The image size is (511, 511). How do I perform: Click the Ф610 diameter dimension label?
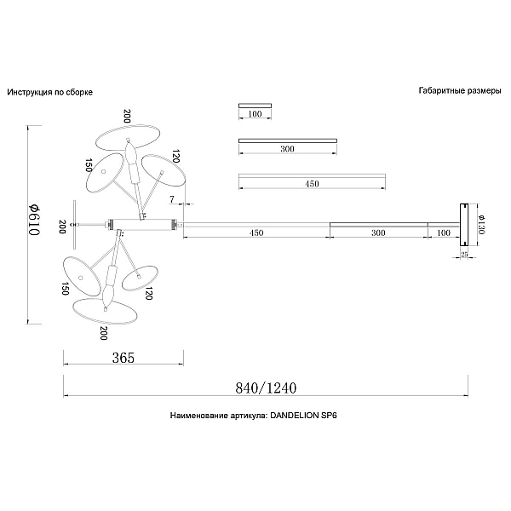tap(34, 220)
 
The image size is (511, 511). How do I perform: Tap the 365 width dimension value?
tap(123, 358)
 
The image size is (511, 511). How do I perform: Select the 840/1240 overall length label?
tap(266, 388)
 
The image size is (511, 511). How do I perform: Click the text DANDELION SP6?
tap(304, 416)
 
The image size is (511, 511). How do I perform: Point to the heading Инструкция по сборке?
tap(50, 92)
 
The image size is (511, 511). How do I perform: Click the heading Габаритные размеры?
tap(460, 90)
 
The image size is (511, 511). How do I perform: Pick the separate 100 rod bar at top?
tap(255, 106)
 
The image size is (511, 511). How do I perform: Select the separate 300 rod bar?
tap(288, 141)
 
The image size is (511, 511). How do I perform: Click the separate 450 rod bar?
tap(313, 175)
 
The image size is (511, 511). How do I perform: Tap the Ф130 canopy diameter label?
tap(482, 225)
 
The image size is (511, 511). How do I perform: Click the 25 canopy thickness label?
tap(464, 254)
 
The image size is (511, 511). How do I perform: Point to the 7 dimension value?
tap(172, 199)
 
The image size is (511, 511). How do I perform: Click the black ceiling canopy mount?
tap(464, 225)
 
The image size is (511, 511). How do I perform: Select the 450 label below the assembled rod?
tap(256, 233)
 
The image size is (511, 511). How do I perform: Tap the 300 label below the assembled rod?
tap(378, 233)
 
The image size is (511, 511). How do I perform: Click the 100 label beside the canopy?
tap(444, 233)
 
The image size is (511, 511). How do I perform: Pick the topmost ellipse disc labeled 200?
tap(128, 138)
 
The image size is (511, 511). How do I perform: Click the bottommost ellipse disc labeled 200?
tap(105, 312)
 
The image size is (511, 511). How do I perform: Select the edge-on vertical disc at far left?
tap(75, 225)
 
